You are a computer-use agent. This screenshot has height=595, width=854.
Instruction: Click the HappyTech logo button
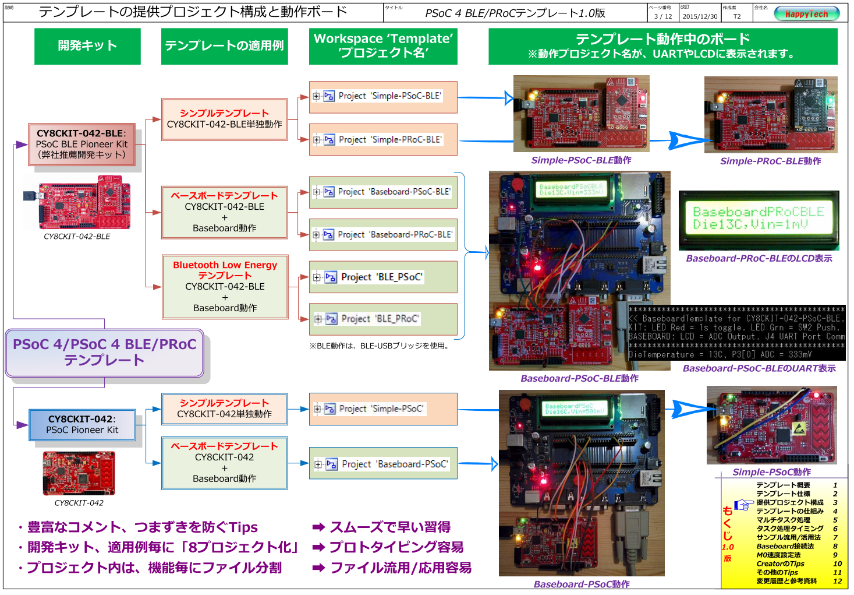click(806, 14)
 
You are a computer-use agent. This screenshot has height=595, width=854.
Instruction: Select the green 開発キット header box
click(87, 46)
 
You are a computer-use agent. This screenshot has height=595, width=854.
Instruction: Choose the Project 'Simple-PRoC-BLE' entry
click(383, 140)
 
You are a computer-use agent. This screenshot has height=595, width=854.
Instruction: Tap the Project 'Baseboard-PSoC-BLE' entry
click(383, 192)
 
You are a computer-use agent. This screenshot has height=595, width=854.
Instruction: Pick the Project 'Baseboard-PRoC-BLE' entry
click(383, 235)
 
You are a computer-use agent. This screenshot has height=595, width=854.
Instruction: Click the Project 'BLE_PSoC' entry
click(383, 277)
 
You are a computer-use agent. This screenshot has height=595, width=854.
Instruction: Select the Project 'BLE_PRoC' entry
click(383, 319)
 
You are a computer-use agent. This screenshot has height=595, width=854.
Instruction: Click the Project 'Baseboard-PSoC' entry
click(383, 464)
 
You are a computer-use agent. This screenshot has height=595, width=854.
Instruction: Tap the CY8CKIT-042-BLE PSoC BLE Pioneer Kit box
click(82, 145)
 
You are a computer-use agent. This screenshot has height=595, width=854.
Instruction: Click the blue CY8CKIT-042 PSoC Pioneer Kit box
click(82, 425)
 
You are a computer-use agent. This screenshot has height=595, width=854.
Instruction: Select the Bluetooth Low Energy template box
click(225, 287)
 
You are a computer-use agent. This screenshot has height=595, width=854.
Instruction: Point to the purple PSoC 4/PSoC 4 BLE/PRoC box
click(105, 353)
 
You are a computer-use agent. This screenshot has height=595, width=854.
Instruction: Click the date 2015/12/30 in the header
click(700, 16)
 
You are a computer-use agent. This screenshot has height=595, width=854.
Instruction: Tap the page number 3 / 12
click(662, 16)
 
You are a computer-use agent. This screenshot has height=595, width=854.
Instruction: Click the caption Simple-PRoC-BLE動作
click(770, 161)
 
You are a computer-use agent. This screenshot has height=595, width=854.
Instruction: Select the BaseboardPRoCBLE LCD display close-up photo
click(759, 220)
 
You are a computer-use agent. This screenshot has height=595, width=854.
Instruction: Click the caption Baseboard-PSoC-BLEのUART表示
click(759, 368)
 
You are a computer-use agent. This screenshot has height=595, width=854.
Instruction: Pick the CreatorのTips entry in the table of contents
click(780, 564)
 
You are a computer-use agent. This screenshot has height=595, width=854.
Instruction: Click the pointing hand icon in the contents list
click(743, 505)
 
